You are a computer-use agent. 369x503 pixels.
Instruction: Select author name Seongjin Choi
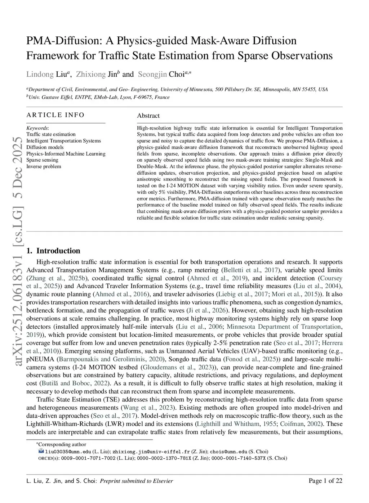[x=164, y=74]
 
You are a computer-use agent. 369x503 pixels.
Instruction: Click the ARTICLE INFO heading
[x=55, y=115]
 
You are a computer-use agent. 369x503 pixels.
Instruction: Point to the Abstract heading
[x=148, y=116]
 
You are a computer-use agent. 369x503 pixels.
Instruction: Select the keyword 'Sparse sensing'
[x=42, y=160]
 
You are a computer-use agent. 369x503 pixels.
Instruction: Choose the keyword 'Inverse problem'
[x=44, y=166]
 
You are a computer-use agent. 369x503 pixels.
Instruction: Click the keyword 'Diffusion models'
[x=45, y=147]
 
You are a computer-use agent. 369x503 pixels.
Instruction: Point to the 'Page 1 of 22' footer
[x=325, y=480]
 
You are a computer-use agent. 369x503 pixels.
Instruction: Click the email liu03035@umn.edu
[x=68, y=452]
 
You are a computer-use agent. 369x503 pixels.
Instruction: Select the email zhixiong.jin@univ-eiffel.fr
[x=151, y=452]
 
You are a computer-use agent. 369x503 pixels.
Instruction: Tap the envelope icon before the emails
[x=41, y=451]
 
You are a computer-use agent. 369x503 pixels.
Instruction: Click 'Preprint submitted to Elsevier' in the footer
[x=136, y=481]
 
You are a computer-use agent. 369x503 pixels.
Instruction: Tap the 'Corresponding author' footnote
[x=62, y=444]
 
